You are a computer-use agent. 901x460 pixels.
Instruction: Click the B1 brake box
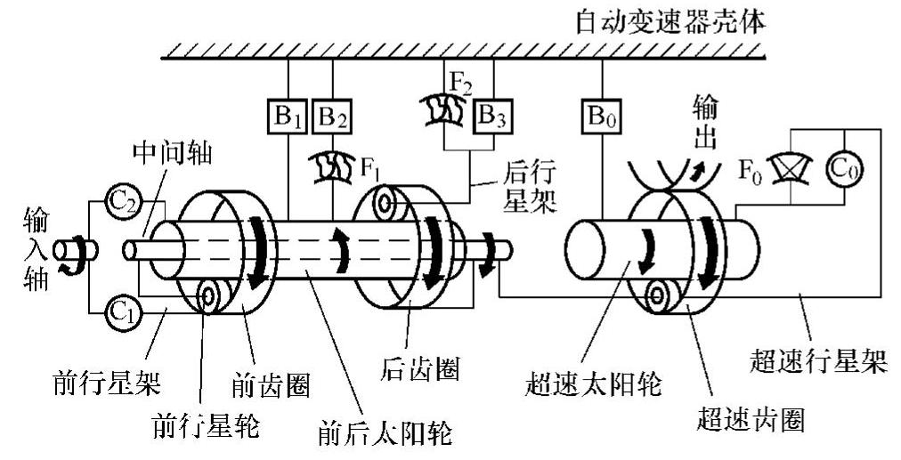287,117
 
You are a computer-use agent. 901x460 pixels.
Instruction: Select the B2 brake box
331,117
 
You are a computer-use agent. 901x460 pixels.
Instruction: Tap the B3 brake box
491,117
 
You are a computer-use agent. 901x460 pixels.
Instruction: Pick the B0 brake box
601,117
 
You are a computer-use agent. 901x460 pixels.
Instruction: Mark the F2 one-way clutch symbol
439,110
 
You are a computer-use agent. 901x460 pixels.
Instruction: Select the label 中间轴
171,153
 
